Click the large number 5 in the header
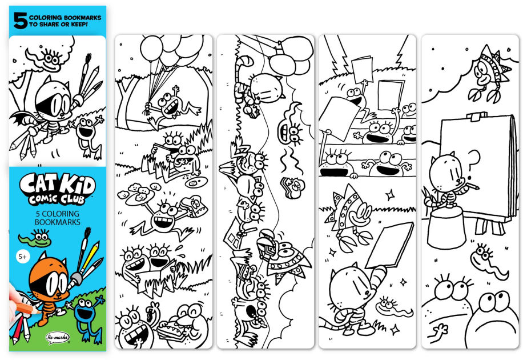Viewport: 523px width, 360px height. tap(20, 21)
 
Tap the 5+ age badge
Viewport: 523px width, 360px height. tap(22, 257)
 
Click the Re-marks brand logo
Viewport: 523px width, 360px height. tap(57, 337)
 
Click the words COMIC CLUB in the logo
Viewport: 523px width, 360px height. tap(57, 199)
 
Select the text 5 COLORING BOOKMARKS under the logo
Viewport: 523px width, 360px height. tap(57, 218)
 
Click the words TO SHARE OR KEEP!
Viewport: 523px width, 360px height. tap(58, 25)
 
